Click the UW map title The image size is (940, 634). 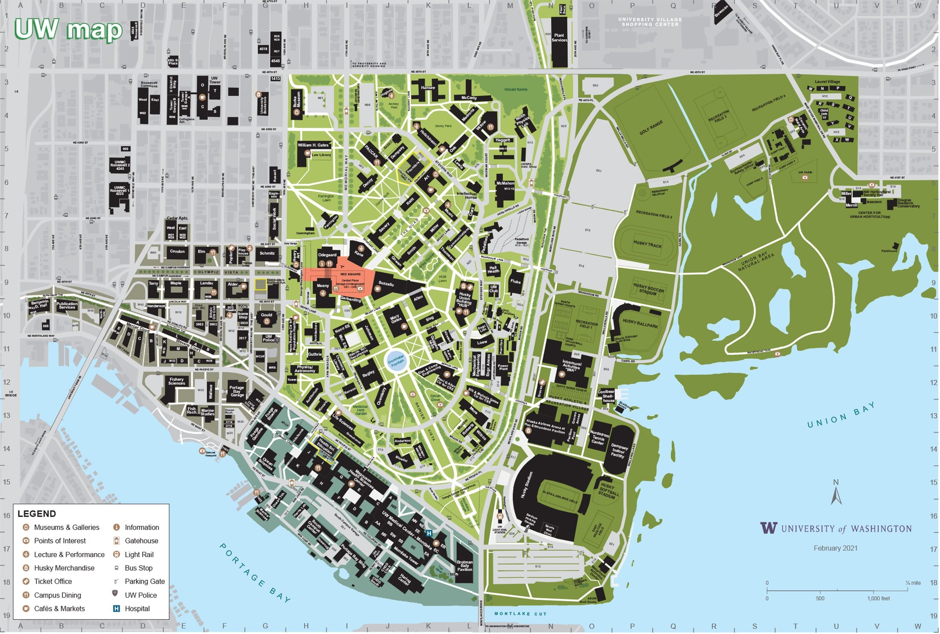click(68, 30)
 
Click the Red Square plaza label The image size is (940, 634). click(350, 274)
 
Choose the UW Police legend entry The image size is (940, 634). click(141, 596)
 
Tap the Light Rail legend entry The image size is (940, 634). click(139, 555)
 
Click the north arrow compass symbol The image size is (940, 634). click(836, 494)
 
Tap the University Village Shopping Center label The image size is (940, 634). click(650, 22)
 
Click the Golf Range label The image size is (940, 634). click(651, 128)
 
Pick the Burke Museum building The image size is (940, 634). click(297, 104)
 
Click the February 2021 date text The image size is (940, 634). click(835, 548)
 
